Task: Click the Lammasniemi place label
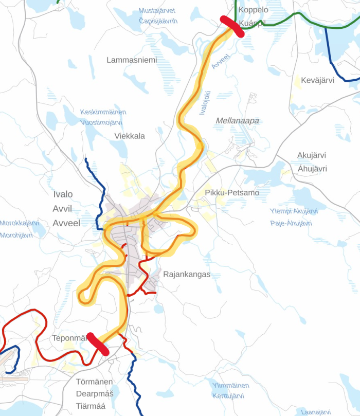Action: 132,60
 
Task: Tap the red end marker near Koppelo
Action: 232,26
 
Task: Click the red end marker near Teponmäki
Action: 97,343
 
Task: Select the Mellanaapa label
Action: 238,121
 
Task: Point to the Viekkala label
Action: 130,136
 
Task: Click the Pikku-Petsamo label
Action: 232,193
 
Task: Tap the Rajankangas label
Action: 187,275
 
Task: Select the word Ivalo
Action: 63,194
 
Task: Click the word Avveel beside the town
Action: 67,223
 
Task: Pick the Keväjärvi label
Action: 318,80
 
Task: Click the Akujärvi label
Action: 312,155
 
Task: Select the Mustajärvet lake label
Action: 157,11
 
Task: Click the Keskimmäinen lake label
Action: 103,112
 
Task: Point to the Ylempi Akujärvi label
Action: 294,212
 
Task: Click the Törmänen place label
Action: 94,382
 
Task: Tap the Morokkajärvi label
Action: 20,223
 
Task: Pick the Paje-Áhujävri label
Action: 291,223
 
